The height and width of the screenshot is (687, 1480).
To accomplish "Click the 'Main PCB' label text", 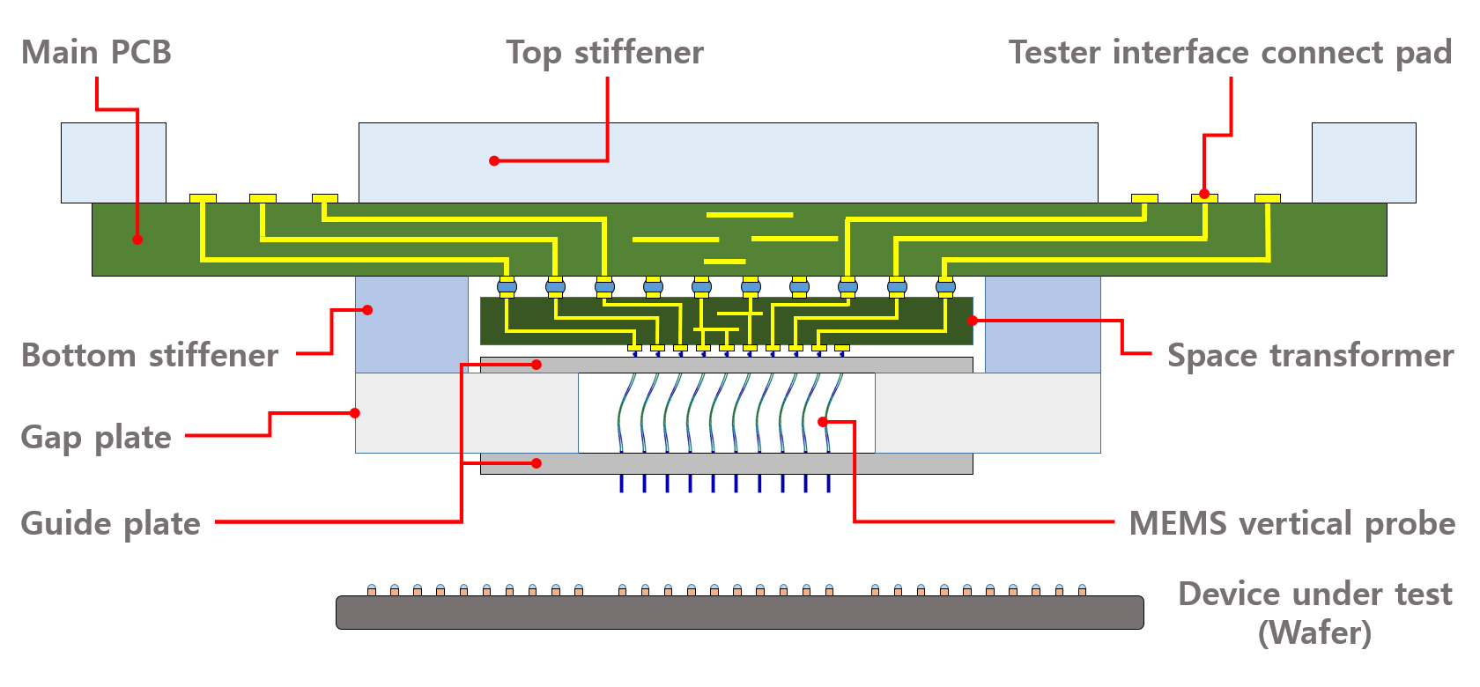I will (96, 53).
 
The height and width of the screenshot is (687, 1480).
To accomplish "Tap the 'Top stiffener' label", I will (604, 53).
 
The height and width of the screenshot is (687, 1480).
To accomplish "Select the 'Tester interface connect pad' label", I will (1230, 53).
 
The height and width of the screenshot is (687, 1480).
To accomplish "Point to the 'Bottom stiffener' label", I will (150, 356).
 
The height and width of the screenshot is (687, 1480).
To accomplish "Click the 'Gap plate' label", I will (96, 438).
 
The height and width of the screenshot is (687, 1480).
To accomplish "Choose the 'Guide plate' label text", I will (110, 524).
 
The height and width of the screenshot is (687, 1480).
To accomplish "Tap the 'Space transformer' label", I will (1310, 356).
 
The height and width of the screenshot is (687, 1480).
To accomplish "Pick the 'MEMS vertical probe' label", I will (1291, 524).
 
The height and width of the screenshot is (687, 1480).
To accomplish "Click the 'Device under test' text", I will (1314, 595).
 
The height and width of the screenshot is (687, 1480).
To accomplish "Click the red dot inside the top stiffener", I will (494, 161).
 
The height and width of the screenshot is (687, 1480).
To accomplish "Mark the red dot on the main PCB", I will (137, 240).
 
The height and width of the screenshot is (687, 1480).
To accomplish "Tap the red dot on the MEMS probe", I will (822, 422).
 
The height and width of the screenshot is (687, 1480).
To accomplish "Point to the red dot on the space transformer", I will (972, 321).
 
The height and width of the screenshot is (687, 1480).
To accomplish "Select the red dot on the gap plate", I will (355, 413).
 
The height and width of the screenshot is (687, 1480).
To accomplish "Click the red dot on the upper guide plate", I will (536, 365).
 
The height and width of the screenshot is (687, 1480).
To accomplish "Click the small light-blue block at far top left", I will (113, 162).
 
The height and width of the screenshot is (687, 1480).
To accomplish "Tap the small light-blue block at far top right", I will (1363, 162).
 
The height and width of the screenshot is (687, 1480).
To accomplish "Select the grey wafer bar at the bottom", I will (739, 613).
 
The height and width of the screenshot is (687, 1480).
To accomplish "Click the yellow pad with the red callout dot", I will (1204, 198).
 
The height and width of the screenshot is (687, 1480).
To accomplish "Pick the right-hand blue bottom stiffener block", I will (1042, 324).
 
